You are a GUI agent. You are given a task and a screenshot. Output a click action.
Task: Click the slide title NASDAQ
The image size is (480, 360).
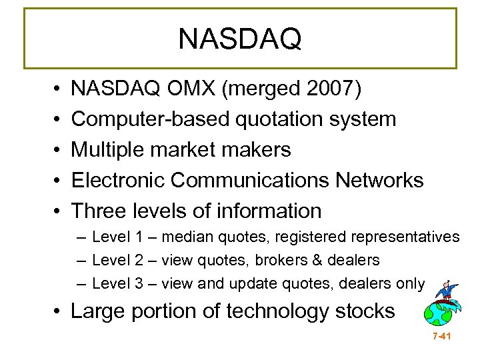(x=240, y=39)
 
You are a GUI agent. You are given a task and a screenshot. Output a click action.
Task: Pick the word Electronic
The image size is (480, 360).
(x=120, y=181)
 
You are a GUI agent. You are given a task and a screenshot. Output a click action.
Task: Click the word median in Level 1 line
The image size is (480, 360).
(x=184, y=237)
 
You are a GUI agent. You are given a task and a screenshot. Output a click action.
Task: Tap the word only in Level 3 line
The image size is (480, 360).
(x=410, y=284)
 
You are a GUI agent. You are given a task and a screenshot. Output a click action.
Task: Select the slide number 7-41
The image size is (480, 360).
(x=441, y=337)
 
